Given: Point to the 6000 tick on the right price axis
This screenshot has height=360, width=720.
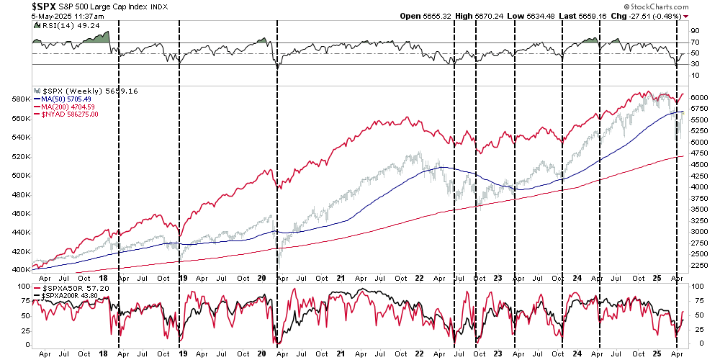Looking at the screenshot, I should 699,96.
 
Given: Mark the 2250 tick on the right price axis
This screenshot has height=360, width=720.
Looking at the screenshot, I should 699,266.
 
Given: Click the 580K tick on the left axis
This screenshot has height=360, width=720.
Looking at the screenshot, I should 19,99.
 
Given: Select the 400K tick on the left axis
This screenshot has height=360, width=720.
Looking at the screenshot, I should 19,269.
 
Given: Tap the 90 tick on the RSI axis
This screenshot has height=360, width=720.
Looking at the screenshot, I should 696,31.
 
